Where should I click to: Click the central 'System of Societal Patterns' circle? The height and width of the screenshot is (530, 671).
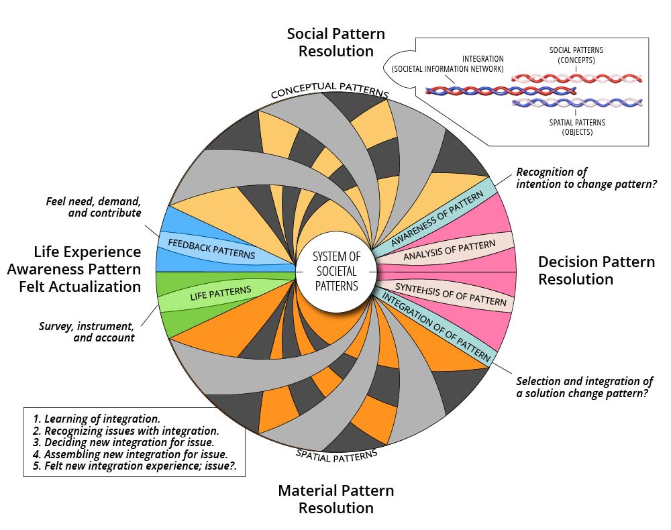click(336, 272)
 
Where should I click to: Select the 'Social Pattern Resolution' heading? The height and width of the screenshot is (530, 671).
click(336, 42)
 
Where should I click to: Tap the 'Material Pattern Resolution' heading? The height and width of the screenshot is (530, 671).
click(336, 499)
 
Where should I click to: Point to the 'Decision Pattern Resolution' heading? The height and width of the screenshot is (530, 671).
click(596, 270)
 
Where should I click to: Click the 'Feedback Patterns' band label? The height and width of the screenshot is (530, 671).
click(211, 249)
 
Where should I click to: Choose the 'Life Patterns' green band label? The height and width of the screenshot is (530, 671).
click(221, 293)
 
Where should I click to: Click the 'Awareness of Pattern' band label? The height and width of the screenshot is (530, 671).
click(437, 218)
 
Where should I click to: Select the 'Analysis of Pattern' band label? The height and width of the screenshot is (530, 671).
click(450, 250)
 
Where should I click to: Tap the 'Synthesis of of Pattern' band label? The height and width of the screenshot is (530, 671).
click(451, 295)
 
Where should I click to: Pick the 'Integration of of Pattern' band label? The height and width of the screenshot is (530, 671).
click(436, 326)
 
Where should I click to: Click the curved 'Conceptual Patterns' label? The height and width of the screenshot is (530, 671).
click(330, 89)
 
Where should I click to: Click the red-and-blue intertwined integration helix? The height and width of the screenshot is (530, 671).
click(501, 91)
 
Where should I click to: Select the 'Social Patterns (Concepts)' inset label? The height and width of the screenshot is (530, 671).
click(576, 55)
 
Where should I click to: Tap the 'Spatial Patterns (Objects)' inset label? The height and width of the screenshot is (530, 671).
click(577, 127)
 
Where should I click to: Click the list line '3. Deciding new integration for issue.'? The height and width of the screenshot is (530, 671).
click(123, 442)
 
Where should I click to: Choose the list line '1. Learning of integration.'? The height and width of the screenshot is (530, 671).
click(96, 419)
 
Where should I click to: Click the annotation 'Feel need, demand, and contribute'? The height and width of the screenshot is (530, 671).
click(94, 207)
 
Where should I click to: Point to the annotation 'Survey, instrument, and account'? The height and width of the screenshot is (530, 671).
click(87, 332)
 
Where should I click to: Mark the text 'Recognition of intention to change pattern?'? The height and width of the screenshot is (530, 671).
click(586, 178)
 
